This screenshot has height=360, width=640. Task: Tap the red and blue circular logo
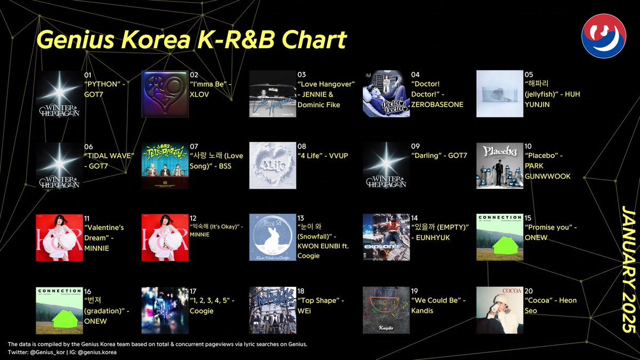pos(604,36)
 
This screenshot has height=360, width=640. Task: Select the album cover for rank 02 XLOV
pos(165,94)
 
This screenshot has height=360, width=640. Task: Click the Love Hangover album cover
pos(273,94)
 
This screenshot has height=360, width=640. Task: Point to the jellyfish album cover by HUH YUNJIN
pos(499,94)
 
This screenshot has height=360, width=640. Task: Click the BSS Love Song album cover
pos(165,166)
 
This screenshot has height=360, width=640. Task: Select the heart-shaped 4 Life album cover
pos(273,166)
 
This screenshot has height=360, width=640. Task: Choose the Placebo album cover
pos(499,166)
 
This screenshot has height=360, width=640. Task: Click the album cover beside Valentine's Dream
pos(59,238)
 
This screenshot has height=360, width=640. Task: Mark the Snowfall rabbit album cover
pos(273,238)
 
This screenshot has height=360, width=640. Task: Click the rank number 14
pos(415,219)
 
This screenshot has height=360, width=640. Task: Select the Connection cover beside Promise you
pos(499,238)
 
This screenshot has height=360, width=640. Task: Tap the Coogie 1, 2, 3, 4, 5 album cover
pos(165,310)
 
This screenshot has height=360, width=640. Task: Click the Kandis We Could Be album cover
pos(386,310)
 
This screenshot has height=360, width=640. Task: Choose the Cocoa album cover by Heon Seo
pos(499,310)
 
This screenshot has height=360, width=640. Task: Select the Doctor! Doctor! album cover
pos(386,94)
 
